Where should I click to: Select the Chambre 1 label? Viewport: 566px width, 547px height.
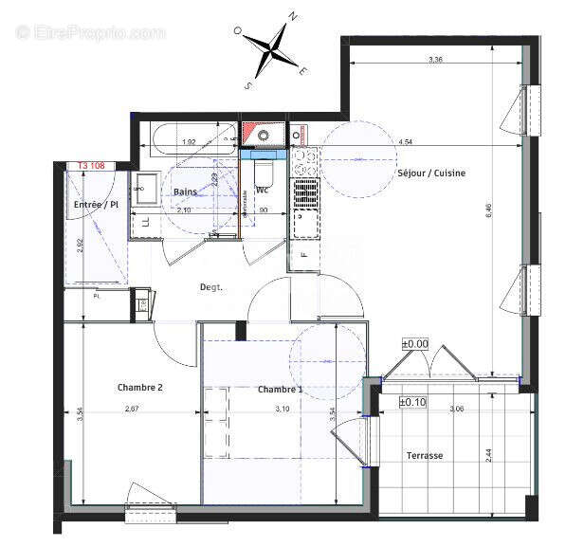[x=281, y=390]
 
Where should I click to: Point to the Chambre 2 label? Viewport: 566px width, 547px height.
[x=140, y=387]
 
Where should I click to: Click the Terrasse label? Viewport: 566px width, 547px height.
[x=424, y=455]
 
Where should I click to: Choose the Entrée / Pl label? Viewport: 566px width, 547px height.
[x=96, y=204]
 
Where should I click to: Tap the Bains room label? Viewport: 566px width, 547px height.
[x=185, y=191]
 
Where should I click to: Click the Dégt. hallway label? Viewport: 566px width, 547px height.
[x=210, y=286]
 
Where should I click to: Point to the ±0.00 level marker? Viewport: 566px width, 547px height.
[x=415, y=344]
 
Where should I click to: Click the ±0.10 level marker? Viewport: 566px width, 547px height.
[x=414, y=403]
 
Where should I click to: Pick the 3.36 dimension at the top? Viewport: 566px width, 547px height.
[x=435, y=60]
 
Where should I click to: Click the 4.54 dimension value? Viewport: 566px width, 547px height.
[x=405, y=142]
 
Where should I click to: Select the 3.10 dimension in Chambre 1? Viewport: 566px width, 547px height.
[x=283, y=409]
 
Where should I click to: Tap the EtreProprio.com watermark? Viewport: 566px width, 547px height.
[x=92, y=32]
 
